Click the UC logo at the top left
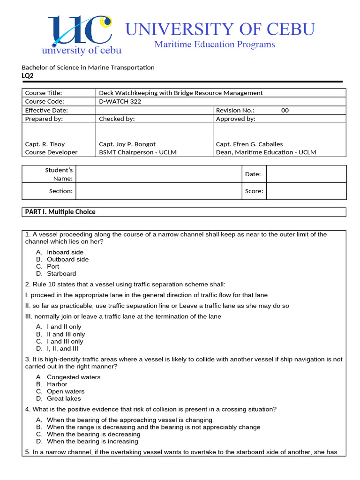(82, 35)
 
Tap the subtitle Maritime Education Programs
(215, 45)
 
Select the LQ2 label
(28, 76)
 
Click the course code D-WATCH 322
(120, 101)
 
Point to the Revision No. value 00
(285, 110)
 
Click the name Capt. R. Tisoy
(45, 144)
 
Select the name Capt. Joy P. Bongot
(127, 144)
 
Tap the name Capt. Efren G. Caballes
(249, 144)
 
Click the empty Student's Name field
(158, 174)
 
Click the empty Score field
(306, 191)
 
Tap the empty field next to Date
(306, 174)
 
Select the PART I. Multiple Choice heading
(60, 212)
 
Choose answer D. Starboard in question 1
(61, 273)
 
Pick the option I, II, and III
(62, 348)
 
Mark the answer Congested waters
(73, 377)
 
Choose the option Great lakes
(64, 398)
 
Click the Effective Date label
(46, 110)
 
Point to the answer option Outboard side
(67, 259)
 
